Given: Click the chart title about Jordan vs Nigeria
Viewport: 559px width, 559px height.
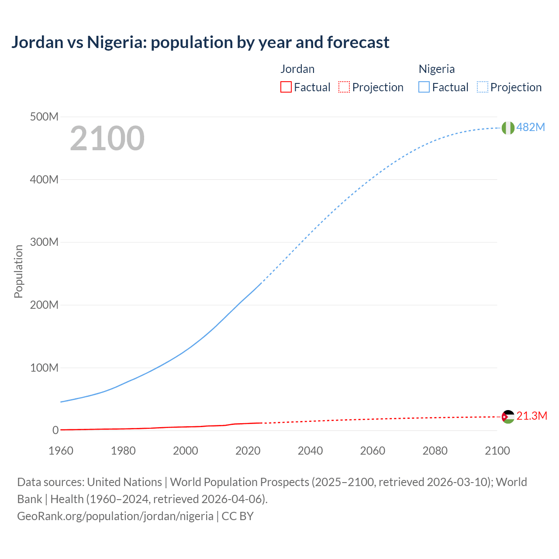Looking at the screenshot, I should click(200, 42).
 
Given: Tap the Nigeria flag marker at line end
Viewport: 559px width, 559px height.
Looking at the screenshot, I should click(508, 128).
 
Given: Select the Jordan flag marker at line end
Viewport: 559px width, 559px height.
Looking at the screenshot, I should click(508, 417).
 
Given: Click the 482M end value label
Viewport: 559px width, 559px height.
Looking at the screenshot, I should click(531, 127).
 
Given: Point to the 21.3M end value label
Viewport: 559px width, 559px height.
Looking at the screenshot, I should click(531, 416).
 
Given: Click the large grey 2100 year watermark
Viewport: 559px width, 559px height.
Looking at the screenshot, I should click(107, 138).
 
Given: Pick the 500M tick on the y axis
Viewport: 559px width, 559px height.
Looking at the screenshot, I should click(44, 117).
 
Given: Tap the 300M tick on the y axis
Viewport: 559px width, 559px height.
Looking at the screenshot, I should click(44, 242).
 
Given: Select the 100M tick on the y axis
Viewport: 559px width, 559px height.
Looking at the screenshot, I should click(44, 368).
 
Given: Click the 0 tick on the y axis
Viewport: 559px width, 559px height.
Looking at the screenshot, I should click(55, 430).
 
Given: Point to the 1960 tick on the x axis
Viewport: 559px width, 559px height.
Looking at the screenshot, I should click(61, 451).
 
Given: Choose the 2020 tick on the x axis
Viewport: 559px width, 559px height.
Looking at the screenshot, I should click(248, 451).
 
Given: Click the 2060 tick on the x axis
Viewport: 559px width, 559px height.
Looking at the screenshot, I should click(373, 451).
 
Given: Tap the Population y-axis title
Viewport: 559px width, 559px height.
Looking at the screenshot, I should click(18, 271).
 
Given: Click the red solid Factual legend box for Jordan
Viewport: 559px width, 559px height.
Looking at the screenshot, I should click(286, 87).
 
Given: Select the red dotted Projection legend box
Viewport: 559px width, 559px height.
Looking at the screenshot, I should click(344, 87).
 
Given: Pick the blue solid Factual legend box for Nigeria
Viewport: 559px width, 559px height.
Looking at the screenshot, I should click(424, 87).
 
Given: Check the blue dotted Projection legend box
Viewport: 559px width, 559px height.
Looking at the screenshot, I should click(483, 87).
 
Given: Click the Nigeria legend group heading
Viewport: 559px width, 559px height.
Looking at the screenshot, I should click(437, 69).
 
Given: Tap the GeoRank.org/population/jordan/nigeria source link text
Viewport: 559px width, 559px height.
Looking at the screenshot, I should click(115, 516).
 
